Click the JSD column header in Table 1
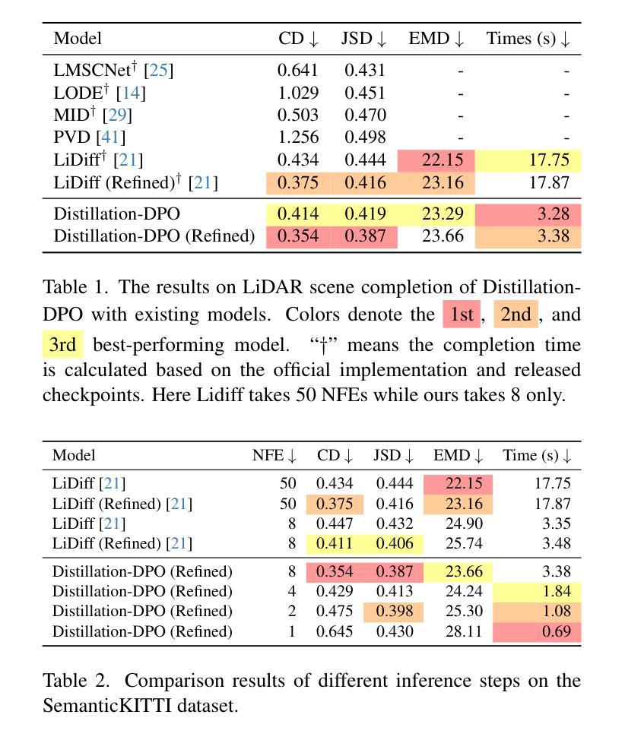tap(363, 39)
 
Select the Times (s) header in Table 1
tap(528, 39)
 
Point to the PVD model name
tap(71, 138)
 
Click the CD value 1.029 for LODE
tap(298, 93)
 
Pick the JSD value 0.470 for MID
tap(365, 115)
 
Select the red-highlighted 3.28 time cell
tap(528, 213)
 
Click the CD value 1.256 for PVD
tap(298, 138)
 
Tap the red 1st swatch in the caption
tap(462, 315)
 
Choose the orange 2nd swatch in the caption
tap(516, 315)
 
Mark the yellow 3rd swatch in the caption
tap(63, 344)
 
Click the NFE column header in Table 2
tap(274, 455)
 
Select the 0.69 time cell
tap(537, 631)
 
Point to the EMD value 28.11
tap(464, 631)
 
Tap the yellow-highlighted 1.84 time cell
tap(537, 591)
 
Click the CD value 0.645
tap(335, 631)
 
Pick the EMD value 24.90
tap(464, 524)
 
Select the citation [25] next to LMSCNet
tap(159, 71)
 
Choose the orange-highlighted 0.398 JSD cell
tap(394, 611)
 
